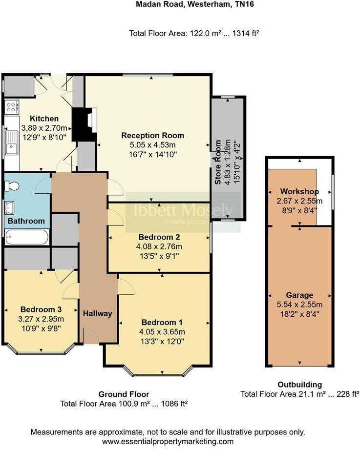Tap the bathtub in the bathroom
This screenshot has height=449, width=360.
(27, 238)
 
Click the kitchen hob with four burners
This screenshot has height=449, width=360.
(12, 107)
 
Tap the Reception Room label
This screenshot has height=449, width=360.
(152, 135)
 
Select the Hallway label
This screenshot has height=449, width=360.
(97, 313)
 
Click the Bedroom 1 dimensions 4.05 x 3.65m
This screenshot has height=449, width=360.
(162, 332)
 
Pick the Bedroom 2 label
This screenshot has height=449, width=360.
(159, 237)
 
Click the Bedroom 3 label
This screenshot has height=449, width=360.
(41, 309)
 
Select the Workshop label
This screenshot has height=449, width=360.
(299, 191)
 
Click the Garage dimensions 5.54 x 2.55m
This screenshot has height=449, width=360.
(300, 305)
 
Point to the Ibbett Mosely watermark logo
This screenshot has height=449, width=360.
(183, 211)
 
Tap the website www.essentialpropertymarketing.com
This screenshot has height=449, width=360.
(168, 441)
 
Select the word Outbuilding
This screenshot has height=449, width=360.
(299, 385)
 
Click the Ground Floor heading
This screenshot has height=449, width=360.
(124, 394)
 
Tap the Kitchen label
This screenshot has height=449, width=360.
(44, 119)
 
